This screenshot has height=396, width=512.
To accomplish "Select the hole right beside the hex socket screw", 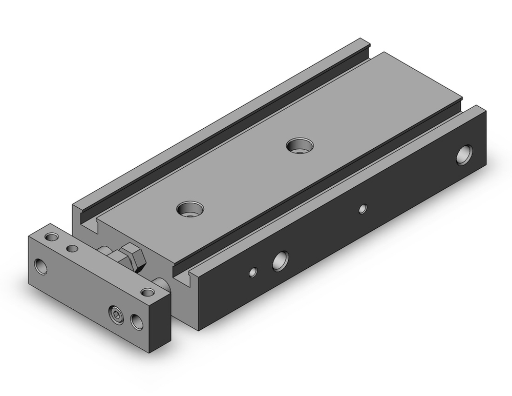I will point(137,322).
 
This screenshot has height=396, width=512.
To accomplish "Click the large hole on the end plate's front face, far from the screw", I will point(40,266).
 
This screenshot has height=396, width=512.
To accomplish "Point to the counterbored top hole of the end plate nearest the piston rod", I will point(148,292).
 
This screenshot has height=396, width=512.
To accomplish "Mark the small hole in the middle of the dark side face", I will point(362,208).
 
